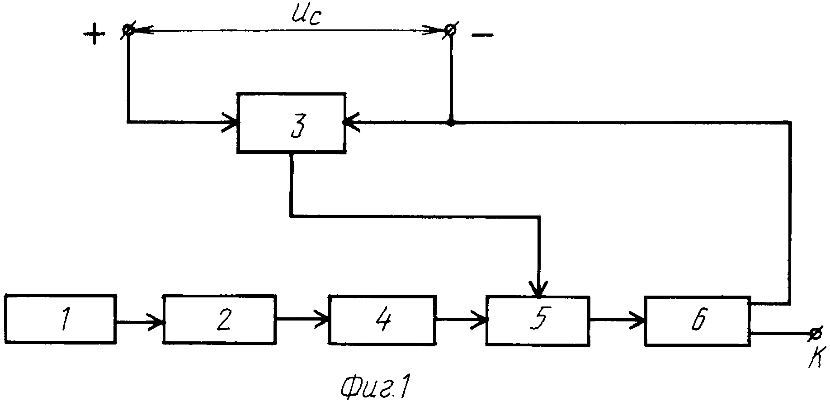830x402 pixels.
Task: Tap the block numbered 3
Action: point(292,123)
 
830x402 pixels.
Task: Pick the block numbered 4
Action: point(382,320)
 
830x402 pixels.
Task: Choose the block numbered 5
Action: point(538,321)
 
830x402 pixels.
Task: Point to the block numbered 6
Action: point(698,321)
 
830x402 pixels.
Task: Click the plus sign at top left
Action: point(94,35)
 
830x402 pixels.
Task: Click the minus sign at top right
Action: point(482,35)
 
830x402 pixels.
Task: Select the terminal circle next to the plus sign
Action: point(128,30)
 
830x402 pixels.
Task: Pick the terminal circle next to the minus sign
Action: point(450,30)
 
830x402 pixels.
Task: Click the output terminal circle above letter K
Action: point(815,334)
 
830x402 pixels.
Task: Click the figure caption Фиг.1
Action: point(377,388)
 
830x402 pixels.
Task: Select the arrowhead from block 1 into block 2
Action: point(156,322)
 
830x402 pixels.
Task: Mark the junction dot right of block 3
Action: point(451,122)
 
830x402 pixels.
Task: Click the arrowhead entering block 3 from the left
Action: point(229,122)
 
